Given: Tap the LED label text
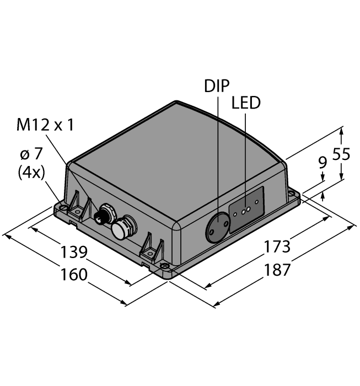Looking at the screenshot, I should click(x=245, y=103).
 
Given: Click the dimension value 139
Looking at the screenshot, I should click(x=74, y=252).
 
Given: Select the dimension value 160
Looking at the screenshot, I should click(x=74, y=274).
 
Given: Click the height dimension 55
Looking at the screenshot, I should click(x=341, y=155).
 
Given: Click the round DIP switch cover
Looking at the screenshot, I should click(x=216, y=227).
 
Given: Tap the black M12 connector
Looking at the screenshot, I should click(x=102, y=215).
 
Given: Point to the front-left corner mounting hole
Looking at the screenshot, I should click(x=63, y=208).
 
